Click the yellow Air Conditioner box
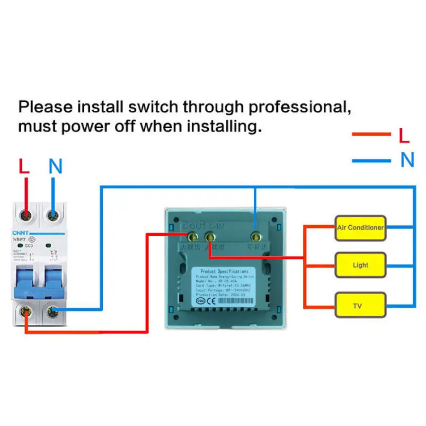click(x=360, y=228)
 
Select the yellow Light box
click(x=360, y=265)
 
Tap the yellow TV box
click(x=360, y=306)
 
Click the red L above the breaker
click(x=24, y=166)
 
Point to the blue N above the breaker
click(x=56, y=166)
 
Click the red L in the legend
click(x=404, y=136)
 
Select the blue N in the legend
click(x=407, y=160)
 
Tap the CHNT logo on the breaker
click(x=20, y=231)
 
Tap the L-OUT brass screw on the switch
click(x=192, y=235)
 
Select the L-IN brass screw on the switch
click(x=210, y=235)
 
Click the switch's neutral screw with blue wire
click(x=256, y=235)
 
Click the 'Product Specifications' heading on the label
click(x=224, y=272)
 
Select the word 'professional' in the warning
click(x=299, y=107)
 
